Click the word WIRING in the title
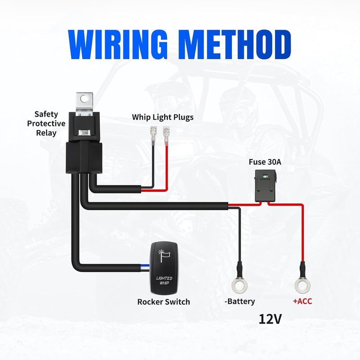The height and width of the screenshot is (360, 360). pyautogui.click(x=118, y=45)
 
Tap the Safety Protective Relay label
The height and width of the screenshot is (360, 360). pyautogui.click(x=46, y=123)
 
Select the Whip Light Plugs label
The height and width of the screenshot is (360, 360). pyautogui.click(x=162, y=117)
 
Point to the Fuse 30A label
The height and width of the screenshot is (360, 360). pyautogui.click(x=265, y=162)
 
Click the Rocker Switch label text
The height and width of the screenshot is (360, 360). pyautogui.click(x=163, y=301)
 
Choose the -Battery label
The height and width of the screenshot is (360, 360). pyautogui.click(x=240, y=301)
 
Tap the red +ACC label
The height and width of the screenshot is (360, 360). pyautogui.click(x=302, y=301)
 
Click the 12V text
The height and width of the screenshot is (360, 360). pyautogui.click(x=270, y=319)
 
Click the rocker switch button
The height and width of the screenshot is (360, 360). pyautogui.click(x=164, y=268)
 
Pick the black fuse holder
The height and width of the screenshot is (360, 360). pyautogui.click(x=265, y=186)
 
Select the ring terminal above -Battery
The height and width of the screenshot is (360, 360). pyautogui.click(x=239, y=285)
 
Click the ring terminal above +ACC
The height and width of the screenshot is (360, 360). pyautogui.click(x=302, y=285)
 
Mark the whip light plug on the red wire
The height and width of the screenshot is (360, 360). pyautogui.click(x=166, y=136)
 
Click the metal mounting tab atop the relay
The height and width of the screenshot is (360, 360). pyautogui.click(x=85, y=102)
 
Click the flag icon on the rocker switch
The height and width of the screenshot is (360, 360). pyautogui.click(x=164, y=255)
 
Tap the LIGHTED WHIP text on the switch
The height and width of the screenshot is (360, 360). pyautogui.click(x=164, y=280)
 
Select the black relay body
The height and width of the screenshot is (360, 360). pyautogui.click(x=84, y=143)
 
